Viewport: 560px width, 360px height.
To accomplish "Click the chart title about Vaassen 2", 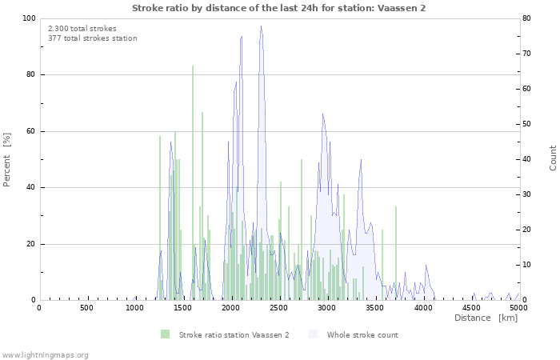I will click(x=279, y=8).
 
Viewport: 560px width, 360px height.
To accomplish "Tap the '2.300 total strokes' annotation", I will click(x=82, y=29).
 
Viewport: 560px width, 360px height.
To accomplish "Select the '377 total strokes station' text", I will click(x=92, y=38).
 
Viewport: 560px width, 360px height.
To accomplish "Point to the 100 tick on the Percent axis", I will click(x=28, y=18).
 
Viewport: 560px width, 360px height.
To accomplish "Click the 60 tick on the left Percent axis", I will click(x=30, y=131).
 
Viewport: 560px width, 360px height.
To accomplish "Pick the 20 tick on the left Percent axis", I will click(x=30, y=244).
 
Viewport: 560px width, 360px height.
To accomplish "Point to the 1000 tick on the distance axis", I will click(x=135, y=308).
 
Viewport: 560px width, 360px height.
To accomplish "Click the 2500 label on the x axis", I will click(x=279, y=308).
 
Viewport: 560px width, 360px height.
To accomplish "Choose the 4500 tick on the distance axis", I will click(x=471, y=308).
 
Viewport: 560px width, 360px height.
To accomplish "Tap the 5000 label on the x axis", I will click(x=519, y=308).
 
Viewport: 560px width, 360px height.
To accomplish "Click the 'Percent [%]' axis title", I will click(x=7, y=159).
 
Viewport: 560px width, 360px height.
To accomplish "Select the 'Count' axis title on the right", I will click(x=553, y=158).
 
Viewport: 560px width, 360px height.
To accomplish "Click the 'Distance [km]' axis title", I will click(x=486, y=318).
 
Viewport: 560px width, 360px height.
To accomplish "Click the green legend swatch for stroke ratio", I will click(x=166, y=334).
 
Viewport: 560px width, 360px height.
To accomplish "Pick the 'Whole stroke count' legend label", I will click(x=362, y=334).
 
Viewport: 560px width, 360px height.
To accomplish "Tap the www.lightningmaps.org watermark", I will click(x=45, y=354).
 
